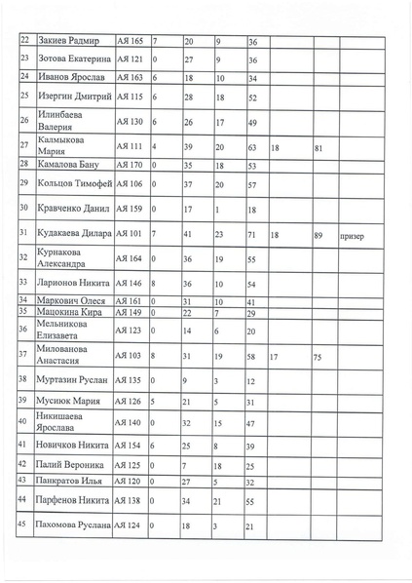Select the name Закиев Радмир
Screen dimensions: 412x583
click(x=69, y=42)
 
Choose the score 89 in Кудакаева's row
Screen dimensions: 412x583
click(x=318, y=235)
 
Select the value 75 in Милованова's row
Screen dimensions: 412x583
click(x=317, y=359)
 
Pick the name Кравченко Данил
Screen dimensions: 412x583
click(x=73, y=209)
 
